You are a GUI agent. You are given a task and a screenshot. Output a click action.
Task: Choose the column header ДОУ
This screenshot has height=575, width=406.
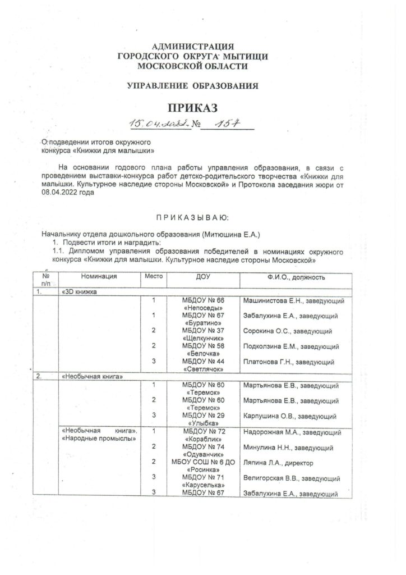tap(203, 277)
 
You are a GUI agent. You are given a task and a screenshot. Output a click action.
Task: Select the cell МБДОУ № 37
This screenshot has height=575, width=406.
tap(204, 331)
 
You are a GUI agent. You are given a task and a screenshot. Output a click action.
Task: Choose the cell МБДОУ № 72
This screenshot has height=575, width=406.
tap(204, 431)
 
